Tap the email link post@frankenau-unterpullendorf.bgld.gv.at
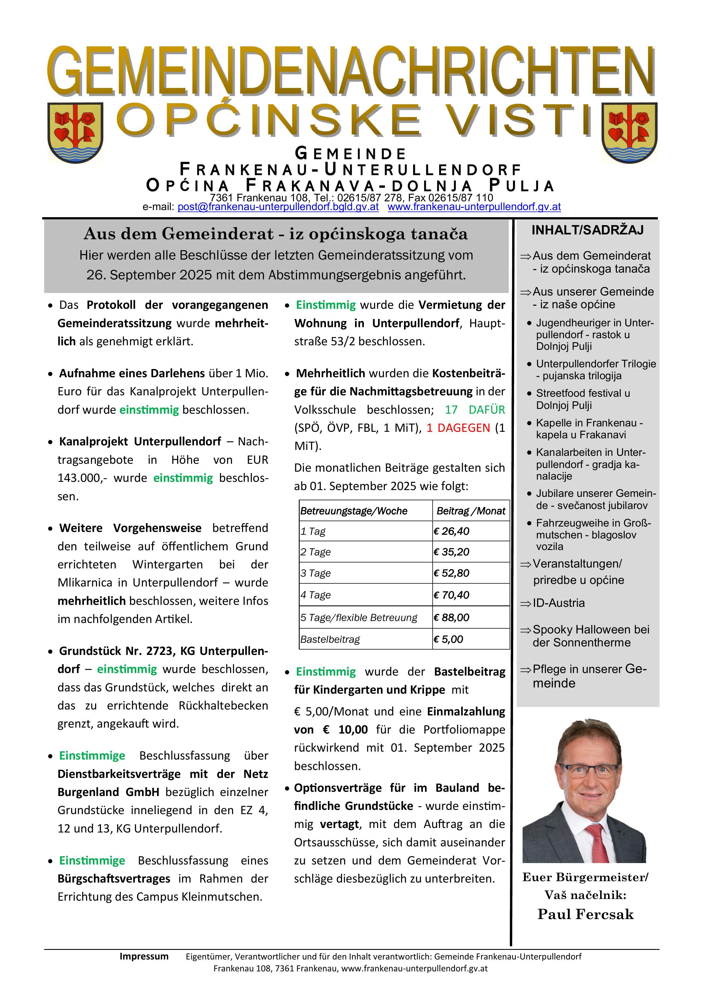pyautogui.click(x=278, y=207)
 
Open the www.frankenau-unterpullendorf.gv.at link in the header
pyautogui.click(x=474, y=207)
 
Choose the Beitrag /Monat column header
pyautogui.click(x=471, y=511)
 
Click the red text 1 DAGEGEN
pyautogui.click(x=458, y=428)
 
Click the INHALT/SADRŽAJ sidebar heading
pyautogui.click(x=587, y=230)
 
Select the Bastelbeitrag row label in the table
pyautogui.click(x=330, y=639)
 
